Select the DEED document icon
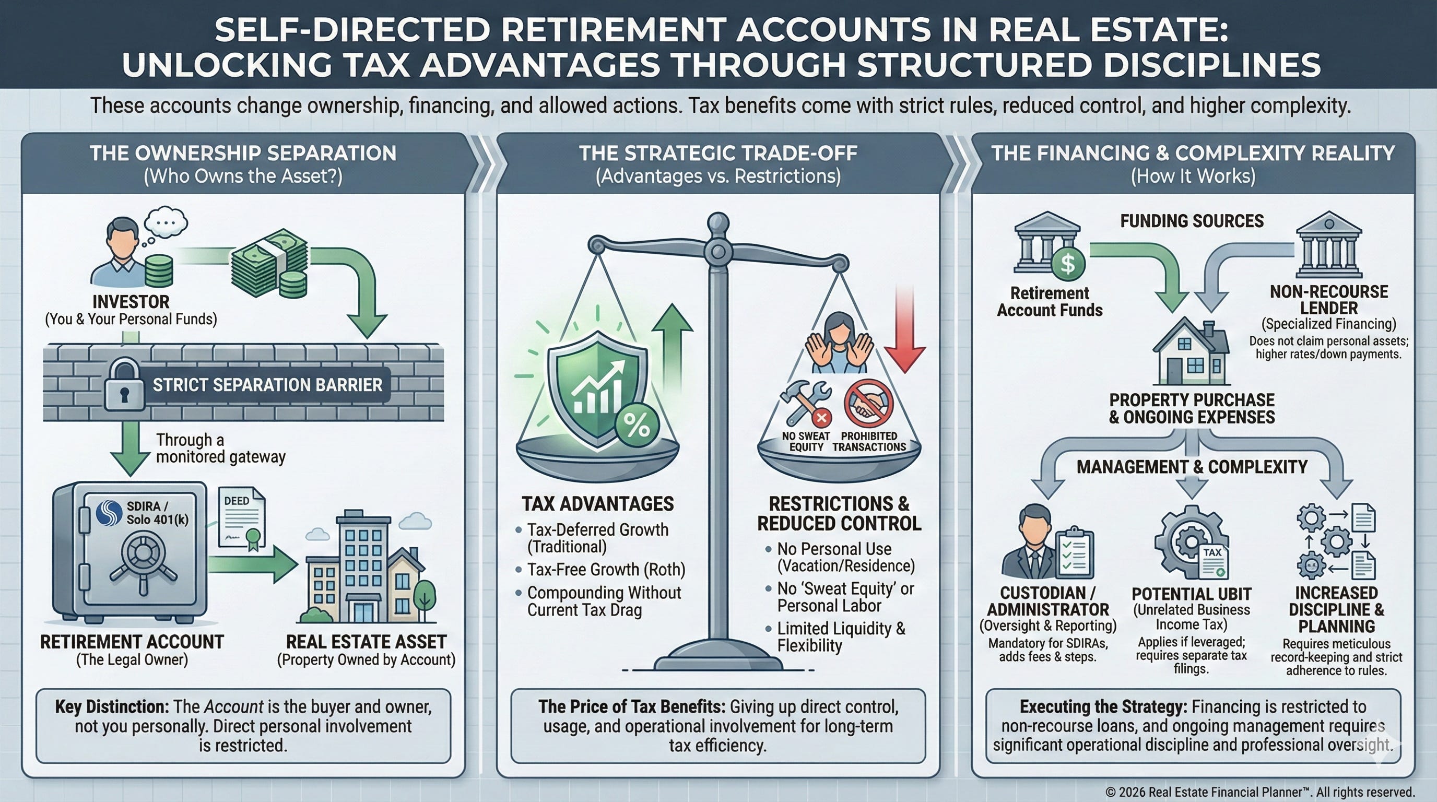(x=242, y=517)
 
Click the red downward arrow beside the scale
(x=904, y=329)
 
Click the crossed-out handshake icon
(x=868, y=403)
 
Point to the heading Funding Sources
(x=1192, y=221)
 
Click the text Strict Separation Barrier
(x=267, y=385)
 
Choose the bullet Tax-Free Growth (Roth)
(x=606, y=570)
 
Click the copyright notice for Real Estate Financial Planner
(x=1259, y=792)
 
